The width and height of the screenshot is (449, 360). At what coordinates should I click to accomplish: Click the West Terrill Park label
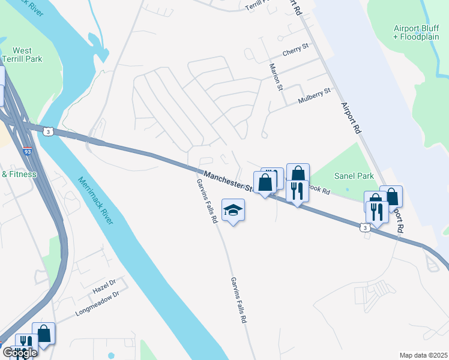click(22, 55)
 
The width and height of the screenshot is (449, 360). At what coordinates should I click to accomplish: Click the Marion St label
click(276, 77)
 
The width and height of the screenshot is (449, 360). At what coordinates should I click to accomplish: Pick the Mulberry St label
click(315, 97)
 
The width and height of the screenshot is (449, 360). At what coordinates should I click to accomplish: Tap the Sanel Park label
click(354, 176)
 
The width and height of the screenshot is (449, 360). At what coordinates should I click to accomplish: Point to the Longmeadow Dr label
click(97, 303)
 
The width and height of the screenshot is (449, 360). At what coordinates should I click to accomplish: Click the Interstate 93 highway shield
click(28, 152)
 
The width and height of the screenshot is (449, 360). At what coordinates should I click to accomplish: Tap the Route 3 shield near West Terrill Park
click(48, 130)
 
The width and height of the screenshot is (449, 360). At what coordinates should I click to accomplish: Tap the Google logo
click(19, 352)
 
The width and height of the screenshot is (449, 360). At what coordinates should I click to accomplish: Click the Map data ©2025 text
click(423, 355)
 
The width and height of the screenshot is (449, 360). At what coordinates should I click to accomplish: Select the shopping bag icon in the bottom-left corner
click(44, 334)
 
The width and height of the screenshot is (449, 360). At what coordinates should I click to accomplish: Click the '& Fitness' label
click(19, 175)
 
